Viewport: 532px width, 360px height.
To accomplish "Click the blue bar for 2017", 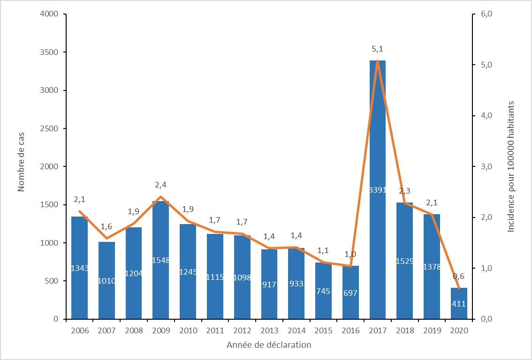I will tap(378, 141).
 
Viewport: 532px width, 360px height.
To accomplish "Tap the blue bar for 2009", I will tap(161, 234).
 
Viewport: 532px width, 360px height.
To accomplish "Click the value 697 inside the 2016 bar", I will tap(350, 293).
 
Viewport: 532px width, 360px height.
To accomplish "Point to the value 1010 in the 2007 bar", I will tap(106, 280).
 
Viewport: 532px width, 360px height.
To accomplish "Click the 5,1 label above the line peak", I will tap(377, 49).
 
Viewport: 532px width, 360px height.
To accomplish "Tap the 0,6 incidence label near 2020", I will tap(458, 276).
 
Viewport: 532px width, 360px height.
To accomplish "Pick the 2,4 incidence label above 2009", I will tap(160, 185).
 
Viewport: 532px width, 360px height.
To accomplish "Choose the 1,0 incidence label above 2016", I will tap(350, 254).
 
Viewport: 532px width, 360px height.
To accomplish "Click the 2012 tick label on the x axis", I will tap(242, 330).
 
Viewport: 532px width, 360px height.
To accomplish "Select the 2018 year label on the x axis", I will tap(405, 330).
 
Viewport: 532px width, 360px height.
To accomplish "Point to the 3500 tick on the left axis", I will tap(49, 52).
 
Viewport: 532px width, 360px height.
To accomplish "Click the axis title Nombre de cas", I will tap(21, 166).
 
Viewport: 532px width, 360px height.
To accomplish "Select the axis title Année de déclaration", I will tap(269, 345).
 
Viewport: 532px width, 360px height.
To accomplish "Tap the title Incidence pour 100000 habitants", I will tap(511, 166).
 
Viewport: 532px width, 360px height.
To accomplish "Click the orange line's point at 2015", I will tap(323, 262).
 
